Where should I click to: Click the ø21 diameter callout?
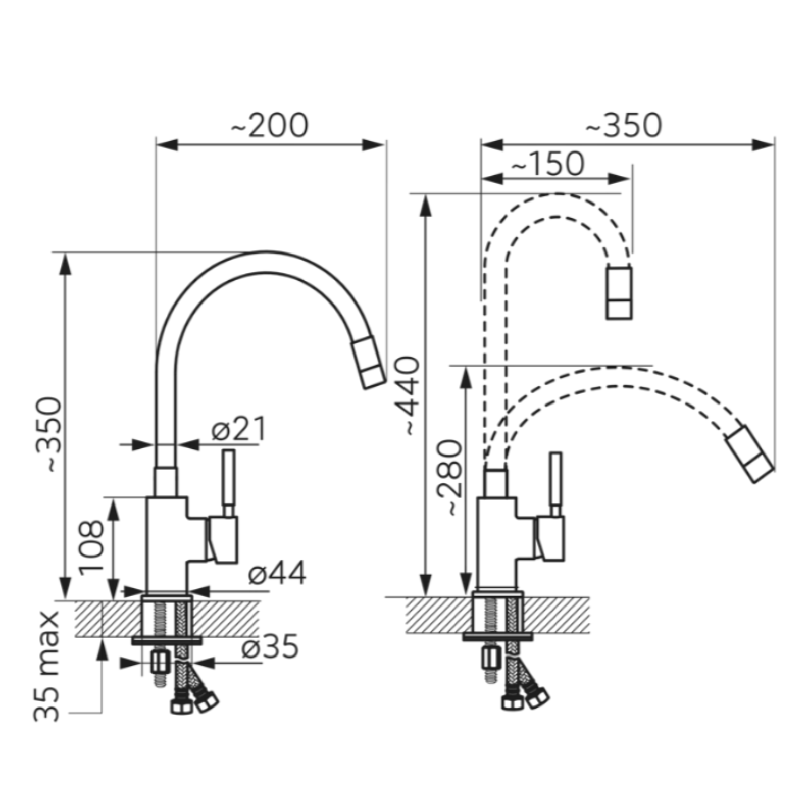238,430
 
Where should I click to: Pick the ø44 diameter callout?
277,574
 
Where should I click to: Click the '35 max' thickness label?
46,666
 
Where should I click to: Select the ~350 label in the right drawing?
623,125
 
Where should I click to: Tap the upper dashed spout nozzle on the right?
619,293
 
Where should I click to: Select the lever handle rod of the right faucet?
556,485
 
